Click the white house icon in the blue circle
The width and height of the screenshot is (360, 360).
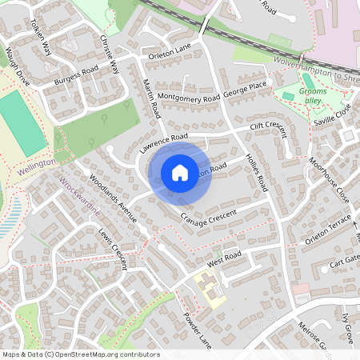(x=180, y=173)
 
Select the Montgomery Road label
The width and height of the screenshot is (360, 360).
(x=188, y=97)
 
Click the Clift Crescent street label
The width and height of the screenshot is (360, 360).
(x=267, y=126)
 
